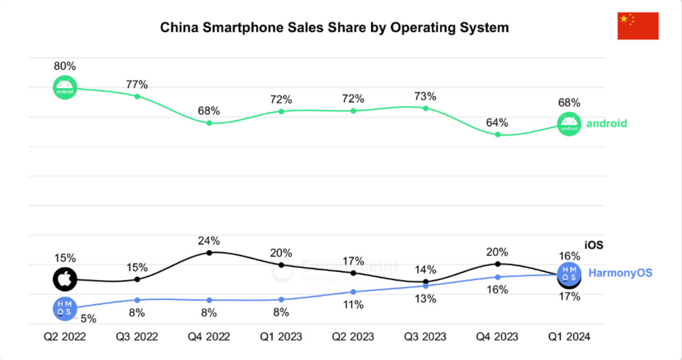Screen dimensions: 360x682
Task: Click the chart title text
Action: [x=334, y=27]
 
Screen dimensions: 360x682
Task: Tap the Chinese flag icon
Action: [x=638, y=26]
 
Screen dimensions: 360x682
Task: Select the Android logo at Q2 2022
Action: [x=65, y=87]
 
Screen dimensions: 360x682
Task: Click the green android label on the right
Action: [x=606, y=123]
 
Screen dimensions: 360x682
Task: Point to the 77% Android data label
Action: [x=137, y=85]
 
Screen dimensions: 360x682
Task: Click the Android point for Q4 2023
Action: [x=498, y=135]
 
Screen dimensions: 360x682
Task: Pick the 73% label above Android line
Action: [x=425, y=96]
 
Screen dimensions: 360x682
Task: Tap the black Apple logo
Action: [x=65, y=279]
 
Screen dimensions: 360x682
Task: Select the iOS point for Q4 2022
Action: [x=209, y=252]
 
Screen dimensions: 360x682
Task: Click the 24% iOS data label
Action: [x=209, y=240]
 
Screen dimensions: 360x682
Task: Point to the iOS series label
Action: [x=594, y=246]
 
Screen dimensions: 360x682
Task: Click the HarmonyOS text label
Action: [x=620, y=273]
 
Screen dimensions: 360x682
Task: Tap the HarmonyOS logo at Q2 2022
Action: [x=65, y=308]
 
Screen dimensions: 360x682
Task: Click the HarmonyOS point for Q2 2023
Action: [x=354, y=292]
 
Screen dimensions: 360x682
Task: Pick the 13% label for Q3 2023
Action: [x=425, y=299]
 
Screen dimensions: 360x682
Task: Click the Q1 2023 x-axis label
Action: [x=281, y=337]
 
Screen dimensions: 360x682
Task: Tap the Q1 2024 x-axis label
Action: [x=569, y=337]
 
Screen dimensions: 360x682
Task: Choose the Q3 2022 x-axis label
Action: [x=137, y=337]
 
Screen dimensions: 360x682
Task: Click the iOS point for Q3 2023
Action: [x=425, y=282]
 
